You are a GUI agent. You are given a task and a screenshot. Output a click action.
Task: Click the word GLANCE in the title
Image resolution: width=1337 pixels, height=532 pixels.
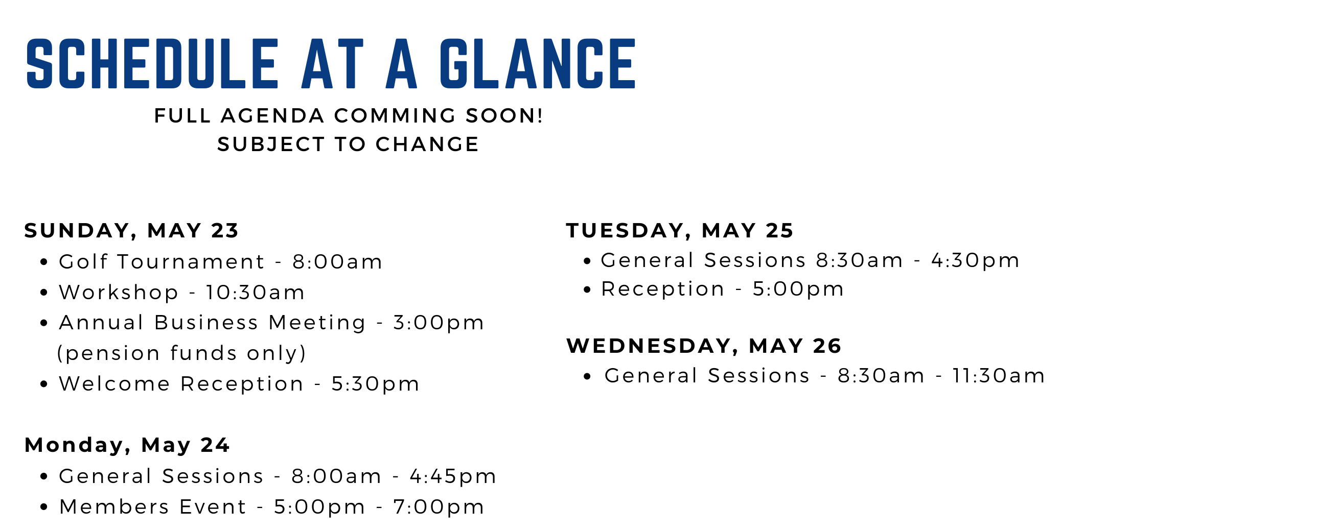[x=537, y=64]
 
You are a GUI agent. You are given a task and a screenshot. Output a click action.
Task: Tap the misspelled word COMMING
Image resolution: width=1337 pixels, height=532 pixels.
[x=395, y=115]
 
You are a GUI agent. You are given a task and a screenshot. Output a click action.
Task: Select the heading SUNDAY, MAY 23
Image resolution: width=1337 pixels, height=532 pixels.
[x=131, y=231]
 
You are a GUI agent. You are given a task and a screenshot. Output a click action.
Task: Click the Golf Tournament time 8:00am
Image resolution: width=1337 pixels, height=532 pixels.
[x=337, y=262]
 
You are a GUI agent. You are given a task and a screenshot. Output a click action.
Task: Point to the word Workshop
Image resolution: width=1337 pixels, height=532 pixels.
[x=119, y=293]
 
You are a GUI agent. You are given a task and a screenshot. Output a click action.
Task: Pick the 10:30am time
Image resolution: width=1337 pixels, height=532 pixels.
[x=256, y=293]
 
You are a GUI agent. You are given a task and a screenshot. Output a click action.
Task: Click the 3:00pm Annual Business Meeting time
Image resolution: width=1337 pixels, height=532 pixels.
[x=439, y=323]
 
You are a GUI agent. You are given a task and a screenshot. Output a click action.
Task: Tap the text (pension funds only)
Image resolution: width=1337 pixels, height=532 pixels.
[x=181, y=353]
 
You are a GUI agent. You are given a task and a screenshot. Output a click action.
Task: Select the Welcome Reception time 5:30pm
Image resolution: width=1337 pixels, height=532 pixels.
[x=375, y=384]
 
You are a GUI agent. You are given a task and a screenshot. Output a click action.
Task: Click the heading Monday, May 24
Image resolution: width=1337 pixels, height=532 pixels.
[x=127, y=445]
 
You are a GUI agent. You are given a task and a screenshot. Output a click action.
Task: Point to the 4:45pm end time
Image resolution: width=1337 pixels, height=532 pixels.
[x=453, y=476]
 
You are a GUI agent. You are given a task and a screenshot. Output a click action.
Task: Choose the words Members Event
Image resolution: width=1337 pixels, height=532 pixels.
[x=153, y=506]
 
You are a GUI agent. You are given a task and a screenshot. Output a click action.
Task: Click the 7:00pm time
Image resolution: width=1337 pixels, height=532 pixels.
[x=439, y=506]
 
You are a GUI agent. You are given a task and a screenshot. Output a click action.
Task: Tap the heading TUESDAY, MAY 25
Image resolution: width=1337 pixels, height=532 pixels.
[x=680, y=231]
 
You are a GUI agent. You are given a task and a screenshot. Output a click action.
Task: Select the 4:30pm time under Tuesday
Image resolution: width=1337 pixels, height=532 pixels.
[x=975, y=260]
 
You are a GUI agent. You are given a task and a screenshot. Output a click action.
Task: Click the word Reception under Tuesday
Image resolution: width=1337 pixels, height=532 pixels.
[x=663, y=289]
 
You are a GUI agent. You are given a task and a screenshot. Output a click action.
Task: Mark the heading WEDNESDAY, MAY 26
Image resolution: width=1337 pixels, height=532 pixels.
[x=704, y=346]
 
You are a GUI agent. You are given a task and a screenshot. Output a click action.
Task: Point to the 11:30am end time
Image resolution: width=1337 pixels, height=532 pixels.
[x=999, y=376]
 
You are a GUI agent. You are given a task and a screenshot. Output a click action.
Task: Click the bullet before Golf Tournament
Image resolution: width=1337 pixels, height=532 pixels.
[x=44, y=262]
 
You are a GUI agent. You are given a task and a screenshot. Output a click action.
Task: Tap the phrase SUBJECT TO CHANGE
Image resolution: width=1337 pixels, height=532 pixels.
[x=348, y=144]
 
